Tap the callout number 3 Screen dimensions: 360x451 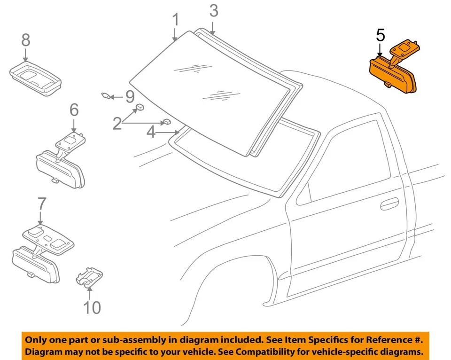[214, 10]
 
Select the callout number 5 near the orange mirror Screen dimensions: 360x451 [380, 35]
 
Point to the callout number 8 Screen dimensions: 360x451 [25, 40]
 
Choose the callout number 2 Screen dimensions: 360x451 [117, 124]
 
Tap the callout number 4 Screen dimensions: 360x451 [151, 132]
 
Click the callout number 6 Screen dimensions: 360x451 [74, 110]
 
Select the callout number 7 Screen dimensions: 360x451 [41, 204]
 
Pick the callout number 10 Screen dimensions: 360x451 [92, 307]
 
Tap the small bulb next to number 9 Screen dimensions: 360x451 [107, 96]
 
